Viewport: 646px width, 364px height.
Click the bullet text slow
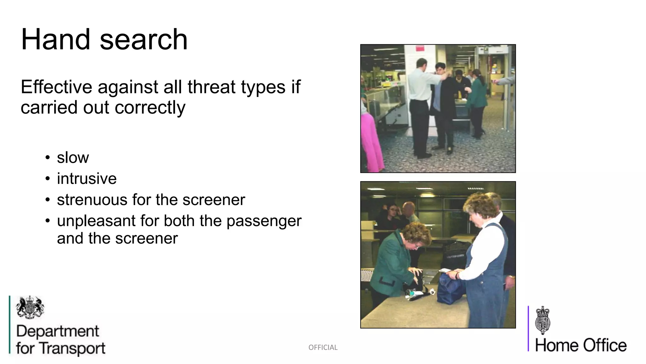tap(73, 157)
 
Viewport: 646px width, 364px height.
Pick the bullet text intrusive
tap(87, 179)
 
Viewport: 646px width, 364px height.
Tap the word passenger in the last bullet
tap(264, 221)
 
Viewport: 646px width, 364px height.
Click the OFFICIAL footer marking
tap(323, 348)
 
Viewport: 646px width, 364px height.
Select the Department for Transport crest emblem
tap(30, 307)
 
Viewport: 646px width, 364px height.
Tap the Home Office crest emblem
tap(543, 320)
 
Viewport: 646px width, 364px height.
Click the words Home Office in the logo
tap(581, 345)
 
